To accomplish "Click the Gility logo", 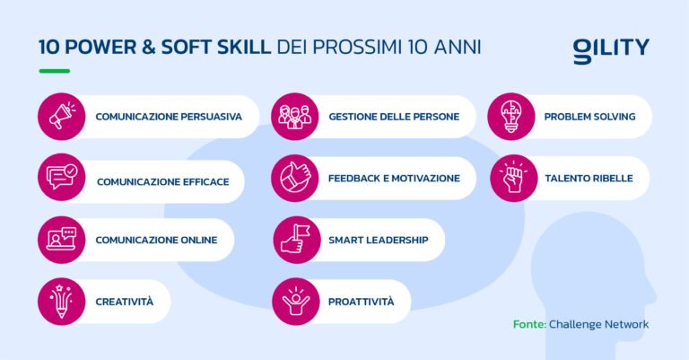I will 611,49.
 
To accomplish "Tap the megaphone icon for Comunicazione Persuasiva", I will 62,117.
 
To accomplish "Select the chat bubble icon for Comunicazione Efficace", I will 62,179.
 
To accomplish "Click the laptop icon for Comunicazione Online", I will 62,239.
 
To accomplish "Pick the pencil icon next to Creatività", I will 62,301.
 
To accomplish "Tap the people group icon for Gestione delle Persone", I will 295,117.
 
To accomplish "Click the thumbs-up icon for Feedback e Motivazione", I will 295,178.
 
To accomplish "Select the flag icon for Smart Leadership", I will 295,240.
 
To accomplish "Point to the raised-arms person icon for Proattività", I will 295,301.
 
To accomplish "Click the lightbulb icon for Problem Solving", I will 511,117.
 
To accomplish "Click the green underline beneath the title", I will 54,71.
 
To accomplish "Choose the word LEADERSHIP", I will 396,240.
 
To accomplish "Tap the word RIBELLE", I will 613,179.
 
